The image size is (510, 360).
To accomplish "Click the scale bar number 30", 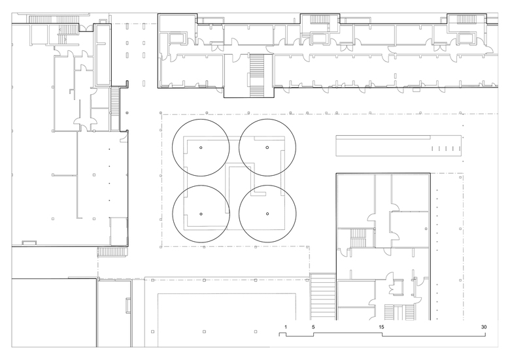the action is pyautogui.click(x=484, y=327).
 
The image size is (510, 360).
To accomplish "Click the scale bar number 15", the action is pyautogui.click(x=381, y=327).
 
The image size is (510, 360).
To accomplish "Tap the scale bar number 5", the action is pyautogui.click(x=313, y=327).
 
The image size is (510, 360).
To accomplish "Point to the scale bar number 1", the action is pyautogui.click(x=286, y=327).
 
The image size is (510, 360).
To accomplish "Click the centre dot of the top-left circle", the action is pyautogui.click(x=201, y=148).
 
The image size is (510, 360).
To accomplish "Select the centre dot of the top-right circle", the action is pyautogui.click(x=267, y=148).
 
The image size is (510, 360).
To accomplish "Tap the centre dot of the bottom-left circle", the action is pyautogui.click(x=201, y=214).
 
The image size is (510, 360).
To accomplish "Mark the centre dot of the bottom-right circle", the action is pyautogui.click(x=267, y=214).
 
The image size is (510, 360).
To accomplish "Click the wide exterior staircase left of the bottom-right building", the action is pyautogui.click(x=322, y=296).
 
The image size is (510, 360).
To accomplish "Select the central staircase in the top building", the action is pyautogui.click(x=256, y=76).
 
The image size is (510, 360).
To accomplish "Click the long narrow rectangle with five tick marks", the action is pyautogui.click(x=399, y=146).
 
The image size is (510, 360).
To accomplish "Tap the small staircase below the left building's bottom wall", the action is pyautogui.click(x=111, y=252).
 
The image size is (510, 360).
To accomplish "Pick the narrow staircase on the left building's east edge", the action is pyautogui.click(x=115, y=109).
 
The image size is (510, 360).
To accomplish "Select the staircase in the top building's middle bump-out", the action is pyautogui.click(x=318, y=20).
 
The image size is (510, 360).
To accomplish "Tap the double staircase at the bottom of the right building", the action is pyautogui.click(x=399, y=312).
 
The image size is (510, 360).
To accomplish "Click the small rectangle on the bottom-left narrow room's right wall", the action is pyautogui.click(x=127, y=305).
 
